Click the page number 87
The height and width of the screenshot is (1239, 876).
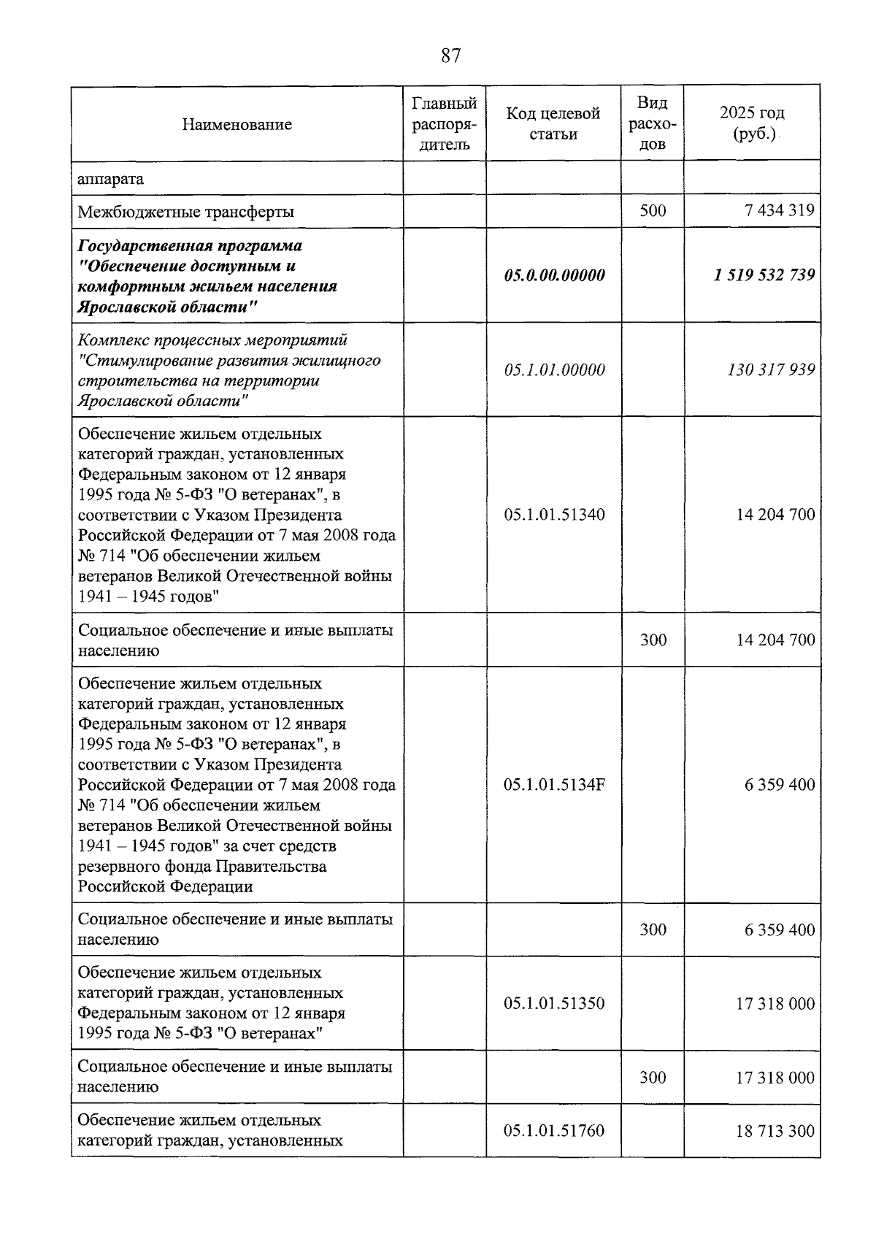click(450, 55)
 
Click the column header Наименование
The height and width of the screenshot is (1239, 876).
click(237, 124)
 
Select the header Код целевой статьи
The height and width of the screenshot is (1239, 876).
click(553, 123)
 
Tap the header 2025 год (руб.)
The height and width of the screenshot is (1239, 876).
click(752, 123)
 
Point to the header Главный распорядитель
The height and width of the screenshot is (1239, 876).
click(444, 123)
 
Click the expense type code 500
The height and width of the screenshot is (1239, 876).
click(653, 211)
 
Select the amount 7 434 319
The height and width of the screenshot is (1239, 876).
click(779, 211)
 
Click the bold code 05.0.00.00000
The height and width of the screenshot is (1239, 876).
click(554, 275)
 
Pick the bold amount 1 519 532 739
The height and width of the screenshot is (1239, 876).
click(764, 275)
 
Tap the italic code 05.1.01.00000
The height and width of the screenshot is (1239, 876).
click(554, 369)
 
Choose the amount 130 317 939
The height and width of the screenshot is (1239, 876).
click(770, 369)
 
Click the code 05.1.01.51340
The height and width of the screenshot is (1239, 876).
click(554, 514)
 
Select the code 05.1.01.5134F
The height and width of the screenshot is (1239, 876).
click(554, 785)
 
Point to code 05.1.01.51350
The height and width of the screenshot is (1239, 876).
click(554, 1003)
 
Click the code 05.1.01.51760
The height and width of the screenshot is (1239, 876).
click(554, 1131)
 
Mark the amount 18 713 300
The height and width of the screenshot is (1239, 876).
click(775, 1131)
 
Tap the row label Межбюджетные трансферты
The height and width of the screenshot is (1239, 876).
click(186, 212)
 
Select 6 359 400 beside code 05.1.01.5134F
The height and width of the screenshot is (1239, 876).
click(779, 785)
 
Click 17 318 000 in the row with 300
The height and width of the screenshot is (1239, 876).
click(775, 1078)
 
